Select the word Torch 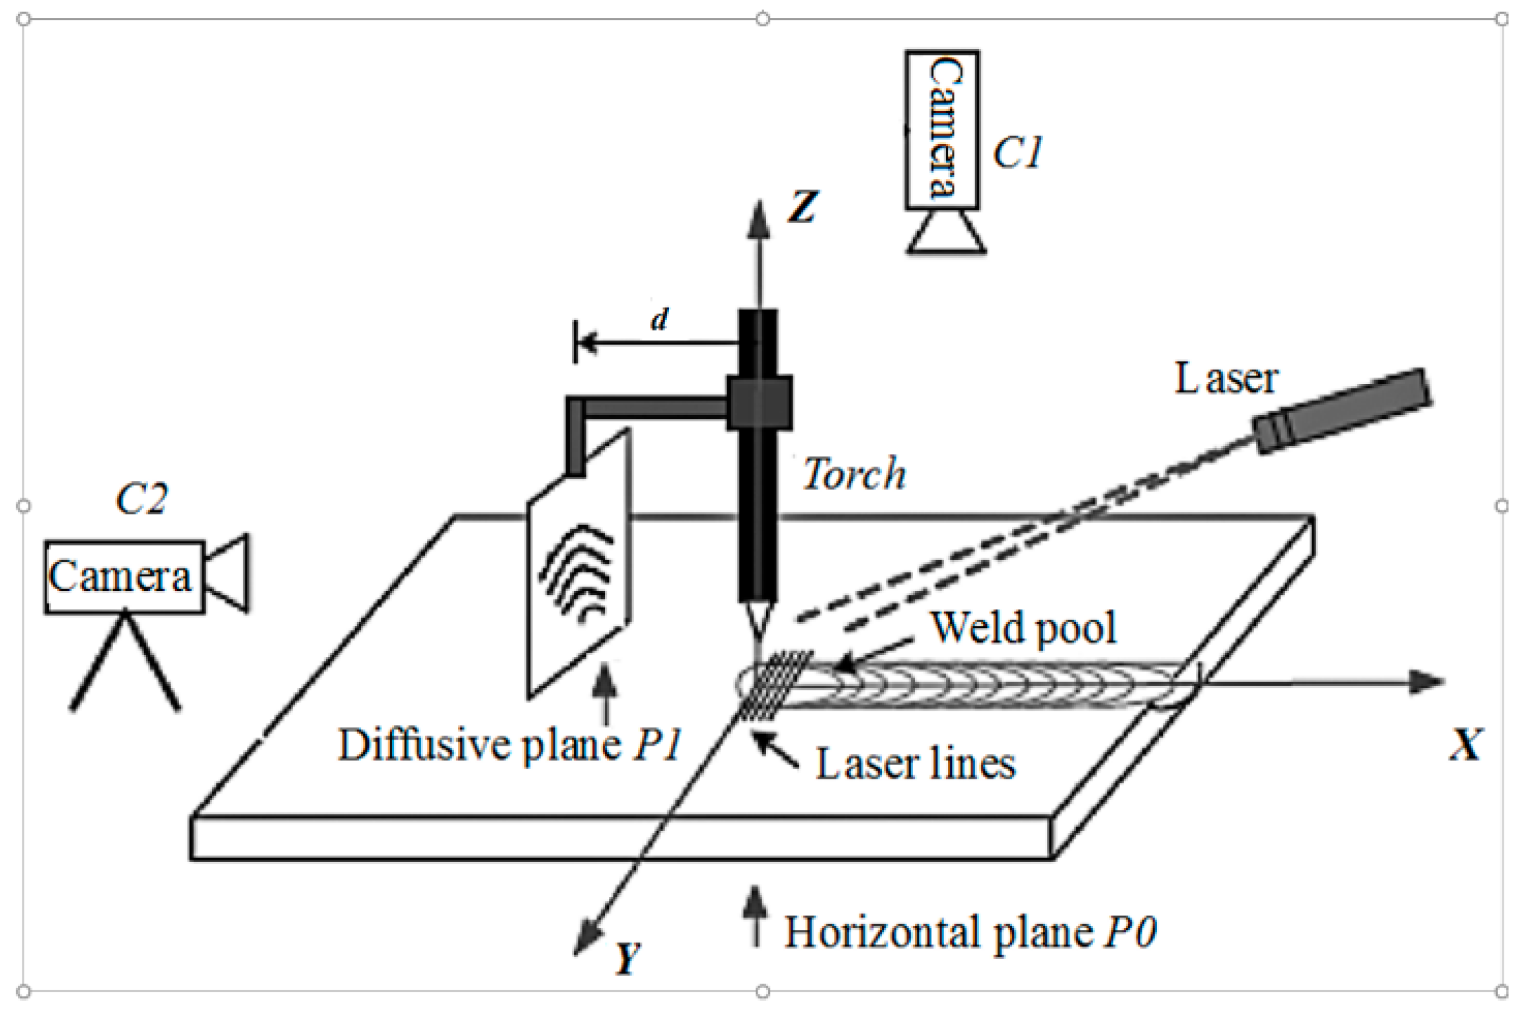[x=853, y=474]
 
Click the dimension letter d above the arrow [x=660, y=320]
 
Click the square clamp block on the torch [x=759, y=403]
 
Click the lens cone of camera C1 [x=946, y=233]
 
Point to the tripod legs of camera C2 [x=124, y=664]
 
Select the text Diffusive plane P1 [x=510, y=745]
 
